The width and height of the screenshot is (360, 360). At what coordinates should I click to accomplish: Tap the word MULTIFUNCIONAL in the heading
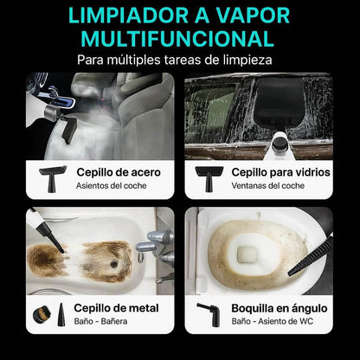coord(180,39)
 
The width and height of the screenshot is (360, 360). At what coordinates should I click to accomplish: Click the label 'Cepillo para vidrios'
coord(280,171)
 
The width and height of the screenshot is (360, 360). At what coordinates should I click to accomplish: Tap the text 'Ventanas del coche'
coord(268,186)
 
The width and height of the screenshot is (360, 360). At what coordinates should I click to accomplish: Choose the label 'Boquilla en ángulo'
coord(278,306)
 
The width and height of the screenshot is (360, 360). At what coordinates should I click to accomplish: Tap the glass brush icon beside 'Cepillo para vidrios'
coord(209,177)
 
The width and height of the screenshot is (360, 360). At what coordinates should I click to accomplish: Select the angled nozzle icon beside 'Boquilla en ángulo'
coord(208,313)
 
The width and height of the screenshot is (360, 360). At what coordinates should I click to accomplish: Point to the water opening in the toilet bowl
coord(248,254)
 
